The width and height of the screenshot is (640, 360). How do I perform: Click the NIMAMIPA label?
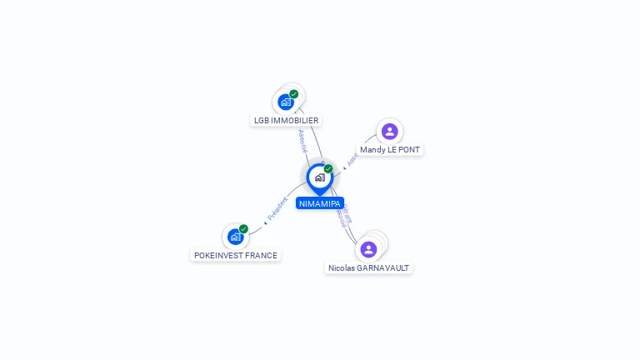click(x=320, y=203)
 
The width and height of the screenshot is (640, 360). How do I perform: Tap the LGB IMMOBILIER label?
click(x=287, y=120)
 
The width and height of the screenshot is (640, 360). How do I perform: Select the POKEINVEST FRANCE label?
click(x=236, y=255)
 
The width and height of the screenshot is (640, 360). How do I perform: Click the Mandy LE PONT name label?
click(x=390, y=150)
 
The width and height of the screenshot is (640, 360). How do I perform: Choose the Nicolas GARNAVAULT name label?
click(x=369, y=267)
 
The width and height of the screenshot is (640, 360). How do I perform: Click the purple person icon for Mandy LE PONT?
click(x=389, y=131)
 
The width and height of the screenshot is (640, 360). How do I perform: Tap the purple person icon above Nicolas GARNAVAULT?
click(x=368, y=249)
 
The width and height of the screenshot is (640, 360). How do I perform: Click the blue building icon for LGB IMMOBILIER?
click(x=286, y=102)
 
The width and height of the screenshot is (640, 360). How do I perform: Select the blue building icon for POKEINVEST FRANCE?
click(x=235, y=237)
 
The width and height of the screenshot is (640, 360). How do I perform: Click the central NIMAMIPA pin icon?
click(x=319, y=177)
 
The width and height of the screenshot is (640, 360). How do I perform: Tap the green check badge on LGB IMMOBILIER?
click(x=294, y=94)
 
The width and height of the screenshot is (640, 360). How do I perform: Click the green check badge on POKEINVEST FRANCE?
click(x=243, y=229)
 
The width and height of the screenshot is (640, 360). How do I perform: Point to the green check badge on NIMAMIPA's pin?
click(x=328, y=169)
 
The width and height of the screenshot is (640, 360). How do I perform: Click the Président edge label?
click(x=277, y=209)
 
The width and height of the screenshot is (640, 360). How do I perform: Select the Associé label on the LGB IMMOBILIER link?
click(x=302, y=140)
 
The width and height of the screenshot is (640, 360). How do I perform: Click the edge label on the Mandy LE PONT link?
click(x=352, y=159)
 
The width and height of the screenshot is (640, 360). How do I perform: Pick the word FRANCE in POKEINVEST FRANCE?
click(x=262, y=255)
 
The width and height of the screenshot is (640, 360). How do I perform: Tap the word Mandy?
click(x=372, y=150)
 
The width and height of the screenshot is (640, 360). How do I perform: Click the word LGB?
click(x=262, y=120)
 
